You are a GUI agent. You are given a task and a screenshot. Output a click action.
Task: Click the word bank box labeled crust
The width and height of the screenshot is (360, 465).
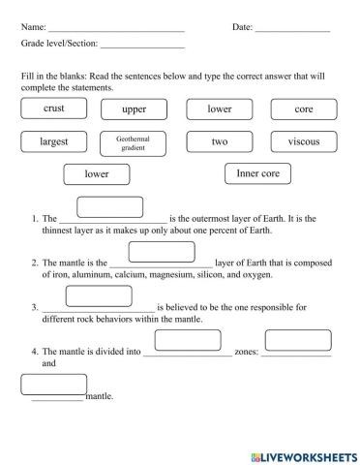pos(54,109)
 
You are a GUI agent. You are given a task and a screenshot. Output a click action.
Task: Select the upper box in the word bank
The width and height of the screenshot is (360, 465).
pos(135,109)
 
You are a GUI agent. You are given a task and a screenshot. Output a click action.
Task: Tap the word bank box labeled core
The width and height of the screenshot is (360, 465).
pos(303,109)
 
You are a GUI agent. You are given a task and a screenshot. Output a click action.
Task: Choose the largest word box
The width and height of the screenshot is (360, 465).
pos(54,141)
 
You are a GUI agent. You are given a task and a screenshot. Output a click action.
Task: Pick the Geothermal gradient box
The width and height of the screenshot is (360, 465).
pos(134,142)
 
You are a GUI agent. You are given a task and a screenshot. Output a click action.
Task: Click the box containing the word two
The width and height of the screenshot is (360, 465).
pos(219,141)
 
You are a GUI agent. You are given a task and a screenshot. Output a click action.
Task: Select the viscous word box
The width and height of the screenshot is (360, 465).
pos(303,141)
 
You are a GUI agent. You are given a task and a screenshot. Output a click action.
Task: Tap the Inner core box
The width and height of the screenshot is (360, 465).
pos(257,173)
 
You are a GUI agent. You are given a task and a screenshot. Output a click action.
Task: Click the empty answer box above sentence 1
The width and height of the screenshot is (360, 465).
pos(109,206)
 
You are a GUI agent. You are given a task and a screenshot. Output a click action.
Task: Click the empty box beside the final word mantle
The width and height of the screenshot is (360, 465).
pos(54,385)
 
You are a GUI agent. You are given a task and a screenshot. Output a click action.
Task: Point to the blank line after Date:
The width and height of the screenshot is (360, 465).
pos(292,29)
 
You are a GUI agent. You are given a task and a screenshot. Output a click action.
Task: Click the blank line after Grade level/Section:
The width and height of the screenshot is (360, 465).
pos(142,46)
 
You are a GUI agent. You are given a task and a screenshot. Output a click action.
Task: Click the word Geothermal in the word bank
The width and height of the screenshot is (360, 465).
pos(134,139)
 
